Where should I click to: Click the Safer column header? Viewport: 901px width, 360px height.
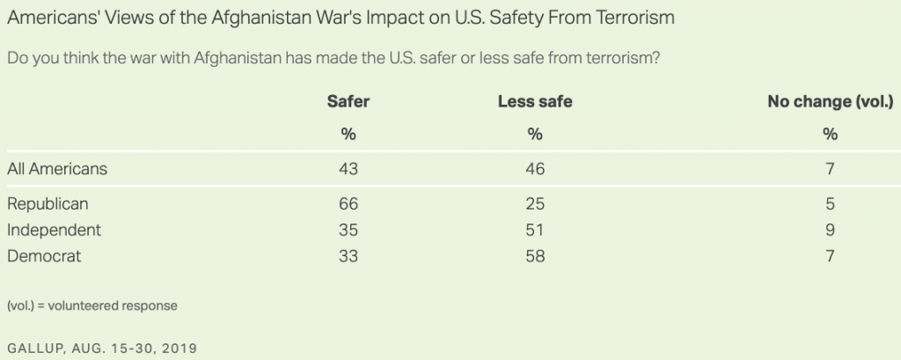[348, 102]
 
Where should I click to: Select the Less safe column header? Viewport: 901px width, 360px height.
[535, 102]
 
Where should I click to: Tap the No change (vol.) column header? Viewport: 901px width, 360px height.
[831, 102]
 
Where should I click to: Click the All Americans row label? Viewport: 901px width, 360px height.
[57, 169]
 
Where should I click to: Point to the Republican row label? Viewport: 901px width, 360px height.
[48, 204]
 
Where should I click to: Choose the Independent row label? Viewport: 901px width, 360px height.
[54, 230]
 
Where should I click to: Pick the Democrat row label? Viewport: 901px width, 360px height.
[44, 256]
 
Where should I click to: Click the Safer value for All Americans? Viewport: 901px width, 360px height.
[348, 169]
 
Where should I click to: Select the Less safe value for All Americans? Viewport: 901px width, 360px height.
[535, 169]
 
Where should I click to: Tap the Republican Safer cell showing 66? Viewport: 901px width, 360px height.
[348, 204]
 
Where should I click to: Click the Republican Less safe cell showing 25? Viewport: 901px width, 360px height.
[535, 204]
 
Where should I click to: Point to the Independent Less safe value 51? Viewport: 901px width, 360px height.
[535, 230]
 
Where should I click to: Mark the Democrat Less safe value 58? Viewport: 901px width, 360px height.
[535, 256]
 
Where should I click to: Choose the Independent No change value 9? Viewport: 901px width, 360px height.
[830, 230]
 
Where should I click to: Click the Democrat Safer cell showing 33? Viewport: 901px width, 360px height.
[348, 256]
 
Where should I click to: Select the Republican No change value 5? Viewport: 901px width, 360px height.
[830, 204]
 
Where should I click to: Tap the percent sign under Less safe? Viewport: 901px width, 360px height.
[535, 135]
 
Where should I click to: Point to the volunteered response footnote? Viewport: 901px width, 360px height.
[92, 306]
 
